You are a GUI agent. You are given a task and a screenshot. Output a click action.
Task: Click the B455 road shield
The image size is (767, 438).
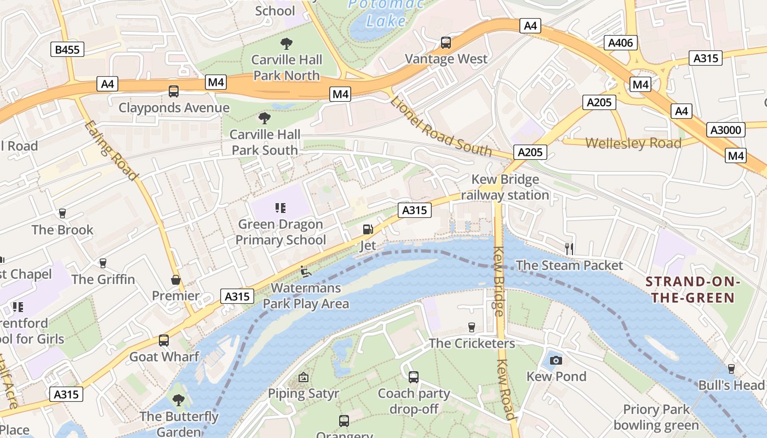pos(67,50)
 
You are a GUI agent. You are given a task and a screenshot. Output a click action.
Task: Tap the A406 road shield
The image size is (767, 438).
pos(621,43)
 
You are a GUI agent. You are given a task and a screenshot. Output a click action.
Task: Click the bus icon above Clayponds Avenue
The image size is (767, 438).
pos(174,91)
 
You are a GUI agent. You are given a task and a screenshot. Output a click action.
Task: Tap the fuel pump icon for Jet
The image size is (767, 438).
pos(368,229)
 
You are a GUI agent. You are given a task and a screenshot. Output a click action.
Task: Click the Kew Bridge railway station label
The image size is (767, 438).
pos(505,187)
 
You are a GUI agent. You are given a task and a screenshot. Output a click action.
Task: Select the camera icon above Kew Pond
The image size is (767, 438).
pos(556,360)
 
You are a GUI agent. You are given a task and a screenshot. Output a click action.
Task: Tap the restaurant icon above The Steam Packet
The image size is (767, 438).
pos(569,249)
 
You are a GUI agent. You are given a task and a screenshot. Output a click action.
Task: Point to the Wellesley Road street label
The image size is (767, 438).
pos(633,143)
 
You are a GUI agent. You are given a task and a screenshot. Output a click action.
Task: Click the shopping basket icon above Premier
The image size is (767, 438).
pos(176,280)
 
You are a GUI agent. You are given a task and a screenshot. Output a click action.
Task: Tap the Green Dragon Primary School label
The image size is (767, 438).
pos(281,232)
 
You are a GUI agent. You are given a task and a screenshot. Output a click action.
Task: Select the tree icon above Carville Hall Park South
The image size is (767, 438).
pos(265,118)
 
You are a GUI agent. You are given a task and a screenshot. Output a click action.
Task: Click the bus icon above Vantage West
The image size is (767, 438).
pos(446,43)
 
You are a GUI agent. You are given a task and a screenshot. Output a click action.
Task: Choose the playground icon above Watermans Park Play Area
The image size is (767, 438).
pos(305,271)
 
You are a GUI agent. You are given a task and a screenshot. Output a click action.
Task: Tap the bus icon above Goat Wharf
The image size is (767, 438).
pos(164,341)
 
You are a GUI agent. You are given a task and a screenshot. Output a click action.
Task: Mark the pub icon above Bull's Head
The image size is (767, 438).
pos(731,369)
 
